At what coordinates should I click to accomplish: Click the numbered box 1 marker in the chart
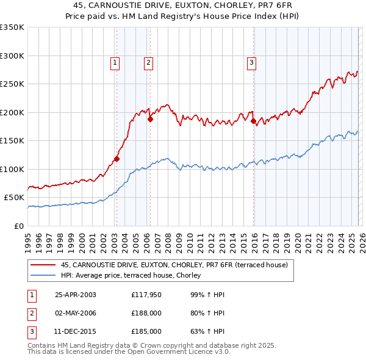pos(115,61)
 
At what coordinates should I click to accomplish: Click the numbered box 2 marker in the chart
pos(148,61)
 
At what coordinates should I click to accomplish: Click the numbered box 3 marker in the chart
pos(251,61)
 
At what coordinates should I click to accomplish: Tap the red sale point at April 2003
pos(117,159)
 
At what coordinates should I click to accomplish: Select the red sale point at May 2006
pos(149,120)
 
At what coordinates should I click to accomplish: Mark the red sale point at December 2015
pos(253,121)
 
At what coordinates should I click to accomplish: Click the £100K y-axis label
pos(12,169)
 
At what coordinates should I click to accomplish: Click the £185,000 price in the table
pos(146,331)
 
